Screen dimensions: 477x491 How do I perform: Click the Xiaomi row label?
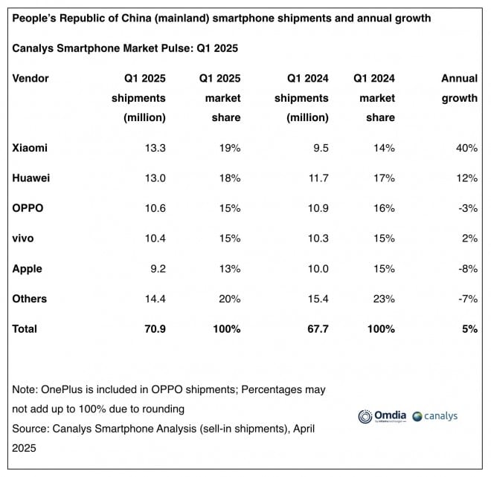coord(30,148)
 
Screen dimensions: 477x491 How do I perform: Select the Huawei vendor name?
coord(31,178)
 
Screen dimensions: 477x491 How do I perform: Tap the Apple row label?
coord(28,269)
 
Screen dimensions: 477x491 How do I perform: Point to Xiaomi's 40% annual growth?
coord(466,148)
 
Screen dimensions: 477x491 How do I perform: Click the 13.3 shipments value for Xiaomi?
coord(155,148)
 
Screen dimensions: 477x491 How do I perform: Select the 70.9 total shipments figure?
coord(154,328)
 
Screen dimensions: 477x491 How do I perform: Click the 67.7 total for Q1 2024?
coord(317,328)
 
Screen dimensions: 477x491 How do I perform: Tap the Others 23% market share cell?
coord(383,299)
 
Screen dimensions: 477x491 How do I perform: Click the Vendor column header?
coord(31,78)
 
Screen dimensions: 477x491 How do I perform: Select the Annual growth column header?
coord(459,88)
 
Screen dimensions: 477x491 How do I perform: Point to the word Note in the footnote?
coord(25,389)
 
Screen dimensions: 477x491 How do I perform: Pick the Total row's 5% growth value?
coord(469,328)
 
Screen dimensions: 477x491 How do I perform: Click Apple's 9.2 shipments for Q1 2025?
coord(158,269)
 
